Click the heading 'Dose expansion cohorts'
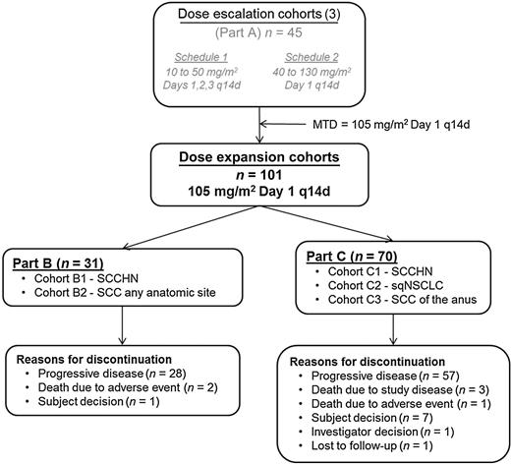[261, 155]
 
